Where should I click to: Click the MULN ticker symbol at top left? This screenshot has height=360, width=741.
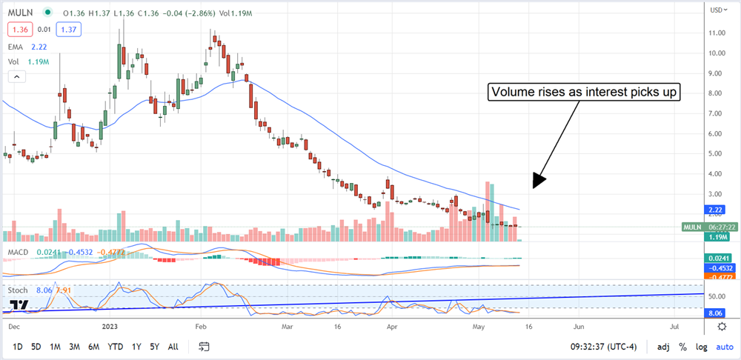[21, 13]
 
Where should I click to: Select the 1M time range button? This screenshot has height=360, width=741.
[56, 346]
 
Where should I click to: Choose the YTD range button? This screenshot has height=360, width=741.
[115, 346]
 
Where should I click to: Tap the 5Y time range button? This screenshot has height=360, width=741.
[154, 346]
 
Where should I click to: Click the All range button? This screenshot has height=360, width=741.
[173, 346]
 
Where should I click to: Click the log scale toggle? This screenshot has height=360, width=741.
[700, 346]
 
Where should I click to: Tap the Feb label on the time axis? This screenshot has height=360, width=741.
[199, 324]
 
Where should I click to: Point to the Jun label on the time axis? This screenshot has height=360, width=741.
[579, 324]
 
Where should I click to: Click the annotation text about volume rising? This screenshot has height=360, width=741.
[583, 93]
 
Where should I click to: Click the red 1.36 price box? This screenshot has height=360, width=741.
[19, 29]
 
